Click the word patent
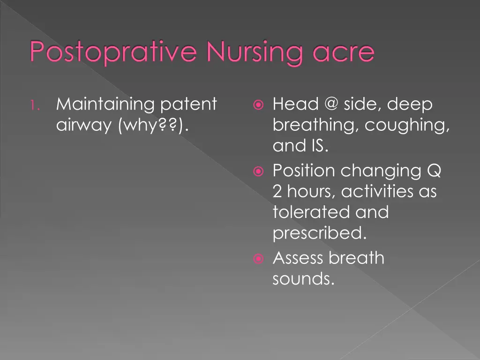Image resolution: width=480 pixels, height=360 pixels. click(x=188, y=104)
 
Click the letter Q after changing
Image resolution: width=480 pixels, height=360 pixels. click(x=434, y=170)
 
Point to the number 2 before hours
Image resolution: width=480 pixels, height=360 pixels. click(x=278, y=191)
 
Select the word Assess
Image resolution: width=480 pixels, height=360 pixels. click(x=298, y=258)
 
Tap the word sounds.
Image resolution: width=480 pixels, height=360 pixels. click(x=303, y=279)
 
